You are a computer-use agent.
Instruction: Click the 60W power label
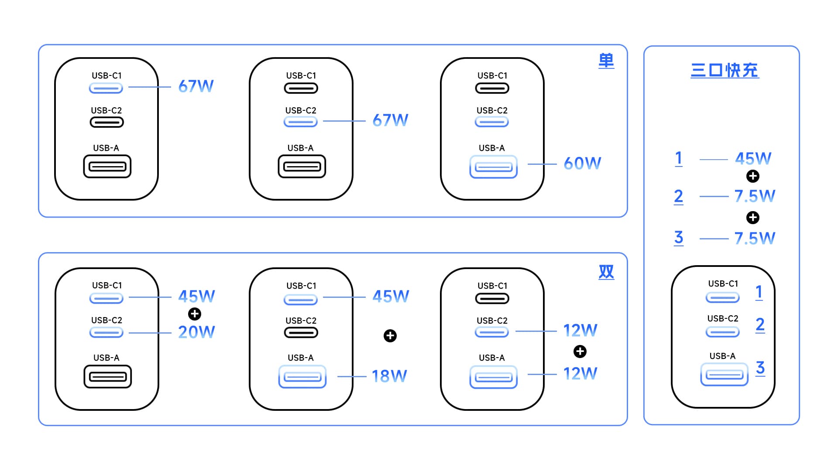click(582, 164)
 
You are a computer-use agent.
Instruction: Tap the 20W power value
click(196, 332)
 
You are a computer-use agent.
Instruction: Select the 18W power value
click(389, 376)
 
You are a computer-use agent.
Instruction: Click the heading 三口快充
click(725, 70)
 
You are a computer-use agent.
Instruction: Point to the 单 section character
click(606, 61)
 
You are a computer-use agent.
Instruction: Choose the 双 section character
click(606, 272)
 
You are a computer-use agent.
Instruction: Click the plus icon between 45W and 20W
click(195, 314)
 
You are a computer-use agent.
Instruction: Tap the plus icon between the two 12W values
click(580, 352)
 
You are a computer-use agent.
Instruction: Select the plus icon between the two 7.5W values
click(753, 217)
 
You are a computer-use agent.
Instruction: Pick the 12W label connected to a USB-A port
click(580, 374)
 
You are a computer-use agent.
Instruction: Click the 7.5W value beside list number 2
click(755, 196)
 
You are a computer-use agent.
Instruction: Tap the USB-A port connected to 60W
click(493, 167)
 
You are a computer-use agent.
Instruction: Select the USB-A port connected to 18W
click(302, 377)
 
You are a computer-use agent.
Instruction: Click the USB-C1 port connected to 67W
click(106, 88)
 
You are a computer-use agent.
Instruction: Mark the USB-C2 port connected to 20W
click(106, 333)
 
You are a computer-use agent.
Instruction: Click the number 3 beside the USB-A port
click(760, 368)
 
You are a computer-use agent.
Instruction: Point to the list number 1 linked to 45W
click(679, 158)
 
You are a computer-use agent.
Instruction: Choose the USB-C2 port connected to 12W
click(492, 332)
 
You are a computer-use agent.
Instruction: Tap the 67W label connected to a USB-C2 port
click(390, 120)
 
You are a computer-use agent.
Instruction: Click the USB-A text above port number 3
click(722, 356)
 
